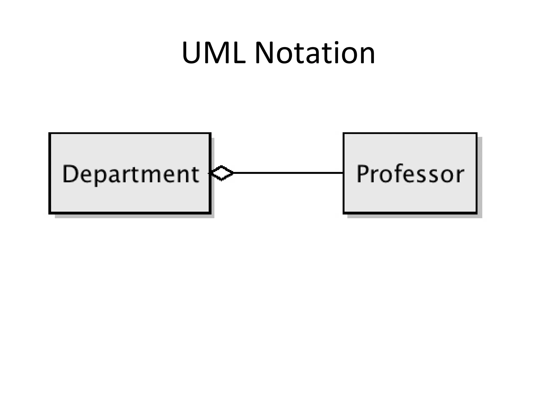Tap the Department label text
[x=131, y=174]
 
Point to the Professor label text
[x=410, y=174]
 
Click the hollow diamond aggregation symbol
[x=222, y=173]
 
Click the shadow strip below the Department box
[x=135, y=216]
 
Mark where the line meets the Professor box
[x=343, y=173]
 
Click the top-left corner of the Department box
[x=49, y=133]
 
